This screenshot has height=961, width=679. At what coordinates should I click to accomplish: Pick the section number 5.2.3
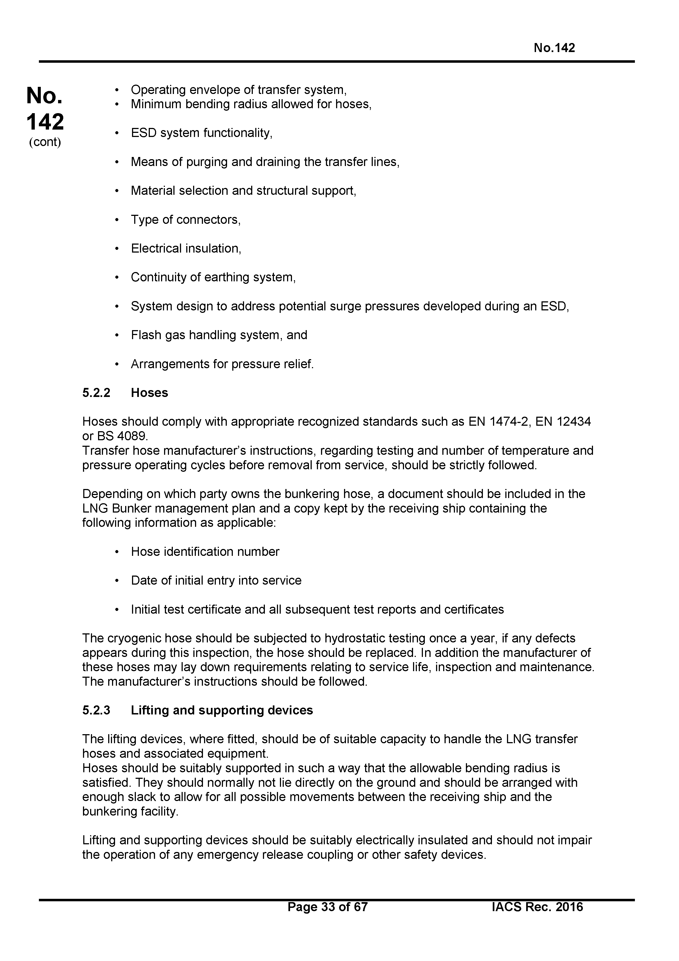coord(96,710)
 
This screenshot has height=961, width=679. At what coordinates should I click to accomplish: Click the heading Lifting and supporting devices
coord(222,710)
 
